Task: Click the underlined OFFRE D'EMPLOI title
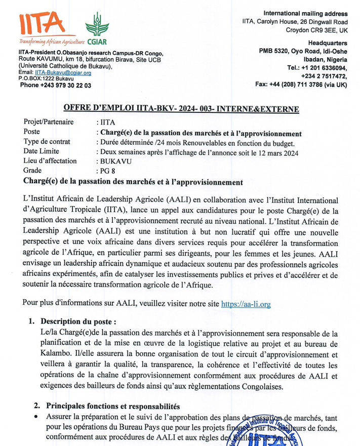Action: tap(181, 109)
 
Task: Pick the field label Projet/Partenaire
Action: tap(49, 122)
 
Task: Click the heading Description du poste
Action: tap(81, 322)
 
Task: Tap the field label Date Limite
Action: tap(42, 151)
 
